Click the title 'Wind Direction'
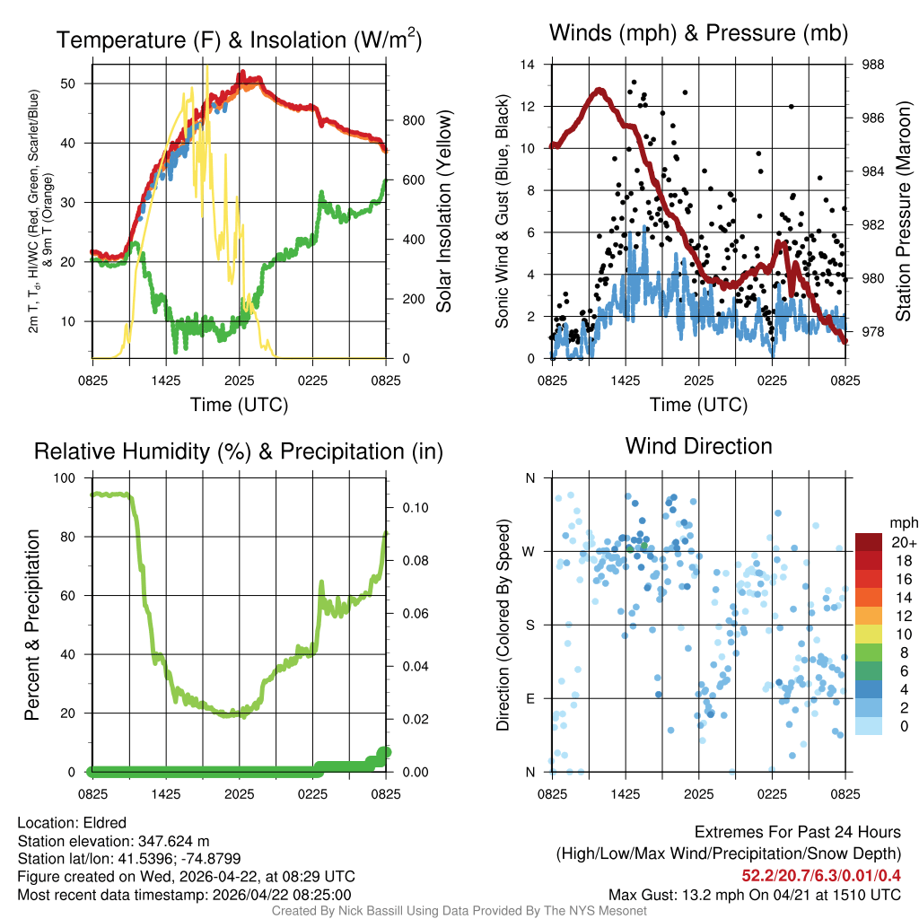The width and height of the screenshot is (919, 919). pyautogui.click(x=698, y=446)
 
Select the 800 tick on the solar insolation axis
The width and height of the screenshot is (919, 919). pyautogui.click(x=406, y=120)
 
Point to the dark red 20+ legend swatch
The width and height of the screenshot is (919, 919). pyautogui.click(x=869, y=542)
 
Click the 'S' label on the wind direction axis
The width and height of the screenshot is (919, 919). pyautogui.click(x=530, y=625)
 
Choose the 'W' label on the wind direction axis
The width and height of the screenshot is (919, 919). pyautogui.click(x=530, y=551)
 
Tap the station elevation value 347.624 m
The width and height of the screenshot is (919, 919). pyautogui.click(x=173, y=841)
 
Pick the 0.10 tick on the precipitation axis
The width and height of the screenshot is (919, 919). pyautogui.click(x=412, y=507)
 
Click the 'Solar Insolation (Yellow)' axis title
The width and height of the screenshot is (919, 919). pyautogui.click(x=444, y=212)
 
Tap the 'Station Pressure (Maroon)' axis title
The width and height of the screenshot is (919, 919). pyautogui.click(x=904, y=212)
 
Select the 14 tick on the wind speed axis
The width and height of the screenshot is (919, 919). pyautogui.click(x=528, y=65)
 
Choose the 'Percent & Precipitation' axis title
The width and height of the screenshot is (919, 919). pyautogui.click(x=32, y=625)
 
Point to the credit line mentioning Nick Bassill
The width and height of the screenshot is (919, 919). pyautogui.click(x=459, y=911)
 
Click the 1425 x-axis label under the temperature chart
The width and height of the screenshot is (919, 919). pyautogui.click(x=166, y=381)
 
